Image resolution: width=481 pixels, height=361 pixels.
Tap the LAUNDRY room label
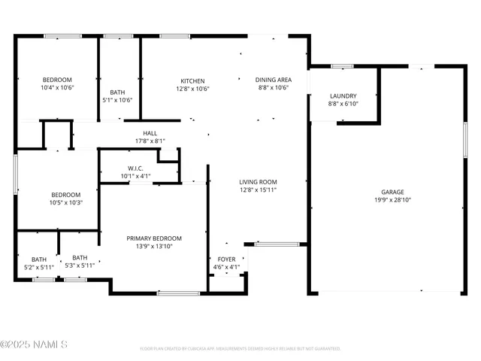tap(343, 96)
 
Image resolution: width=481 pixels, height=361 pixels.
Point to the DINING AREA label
tap(273, 80)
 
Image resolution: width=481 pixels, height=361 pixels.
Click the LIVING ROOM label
tap(258, 182)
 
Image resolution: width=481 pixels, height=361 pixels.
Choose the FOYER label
tap(226, 259)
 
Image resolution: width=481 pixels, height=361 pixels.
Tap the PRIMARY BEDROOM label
tap(154, 238)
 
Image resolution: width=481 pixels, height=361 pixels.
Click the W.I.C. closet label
tap(136, 168)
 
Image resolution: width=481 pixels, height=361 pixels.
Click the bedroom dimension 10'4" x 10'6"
tap(56, 88)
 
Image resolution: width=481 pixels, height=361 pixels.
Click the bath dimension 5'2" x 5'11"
tap(38, 266)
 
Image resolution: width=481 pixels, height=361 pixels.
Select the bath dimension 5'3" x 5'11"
tap(80, 265)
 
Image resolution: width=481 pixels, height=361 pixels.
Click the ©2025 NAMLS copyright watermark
tap(35, 345)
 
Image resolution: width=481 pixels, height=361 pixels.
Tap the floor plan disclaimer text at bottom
tap(240, 349)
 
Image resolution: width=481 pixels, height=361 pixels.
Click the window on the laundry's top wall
tap(343, 66)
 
